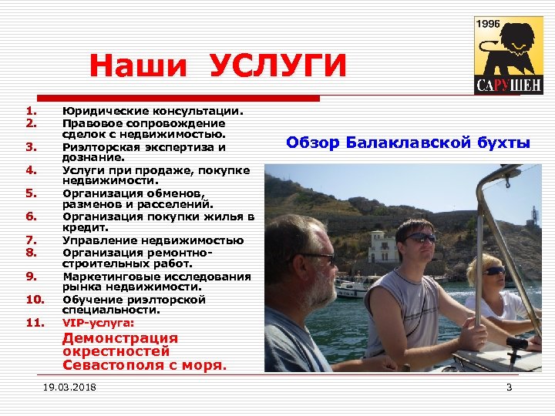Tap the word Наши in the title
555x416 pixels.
pyautogui.click(x=138, y=68)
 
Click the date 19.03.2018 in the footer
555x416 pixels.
pyautogui.click(x=69, y=387)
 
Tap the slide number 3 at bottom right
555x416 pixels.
pyautogui.click(x=509, y=387)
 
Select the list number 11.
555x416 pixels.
pyautogui.click(x=34, y=322)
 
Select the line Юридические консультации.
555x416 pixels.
pyautogui.click(x=153, y=111)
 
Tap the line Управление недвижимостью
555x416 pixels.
pyautogui.click(x=153, y=240)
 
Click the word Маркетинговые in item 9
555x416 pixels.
pyautogui.click(x=113, y=277)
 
